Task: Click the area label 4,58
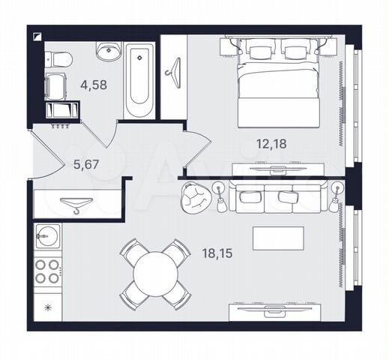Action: click(94, 85)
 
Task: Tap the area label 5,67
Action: click(86, 164)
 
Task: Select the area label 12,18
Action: click(271, 144)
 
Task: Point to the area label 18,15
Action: click(217, 253)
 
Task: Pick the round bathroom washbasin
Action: click(109, 51)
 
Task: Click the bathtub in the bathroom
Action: click(139, 81)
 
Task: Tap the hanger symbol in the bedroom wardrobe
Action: click(174, 73)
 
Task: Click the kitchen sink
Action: click(47, 236)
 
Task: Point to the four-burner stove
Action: click(47, 271)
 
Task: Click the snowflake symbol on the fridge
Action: click(47, 307)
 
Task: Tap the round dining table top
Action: click(156, 274)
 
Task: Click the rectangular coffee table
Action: click(278, 238)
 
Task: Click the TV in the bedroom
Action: click(278, 169)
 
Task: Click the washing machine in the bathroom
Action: click(56, 84)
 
